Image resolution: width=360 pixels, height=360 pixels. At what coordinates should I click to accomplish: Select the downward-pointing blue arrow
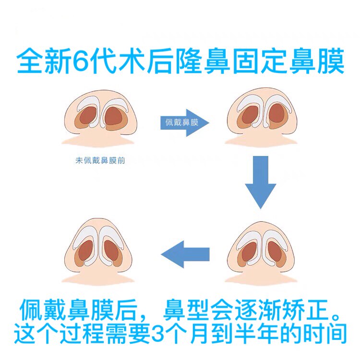click(x=261, y=181)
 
